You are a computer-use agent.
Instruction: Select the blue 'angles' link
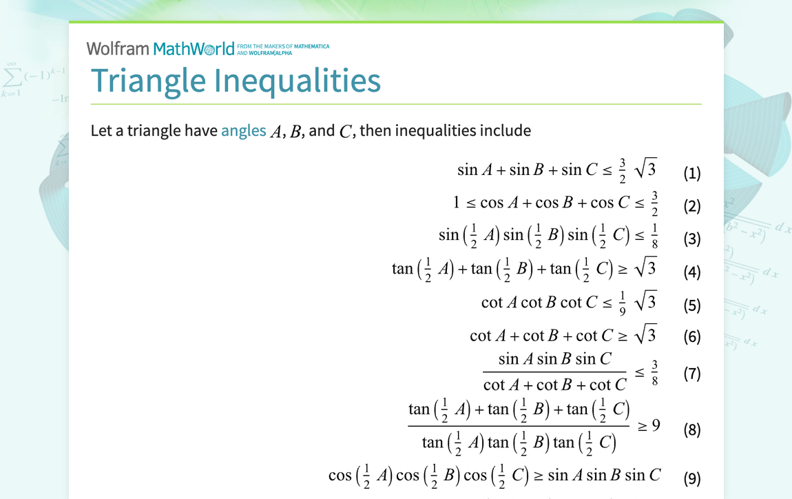pos(243,131)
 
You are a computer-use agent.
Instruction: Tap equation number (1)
pos(691,173)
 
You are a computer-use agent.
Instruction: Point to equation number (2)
pos(691,205)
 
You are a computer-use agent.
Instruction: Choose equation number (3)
pos(691,238)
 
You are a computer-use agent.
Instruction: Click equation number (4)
pos(691,272)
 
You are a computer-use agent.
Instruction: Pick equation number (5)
pos(691,305)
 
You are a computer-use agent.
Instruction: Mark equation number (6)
pos(691,336)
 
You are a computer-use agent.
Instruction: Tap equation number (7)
pos(691,374)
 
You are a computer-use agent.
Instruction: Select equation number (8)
pos(691,429)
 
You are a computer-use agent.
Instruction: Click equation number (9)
pos(691,478)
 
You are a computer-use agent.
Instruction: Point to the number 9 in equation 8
pos(656,425)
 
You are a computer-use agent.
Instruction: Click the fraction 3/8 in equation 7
pos(654,373)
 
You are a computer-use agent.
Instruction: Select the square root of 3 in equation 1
pos(645,169)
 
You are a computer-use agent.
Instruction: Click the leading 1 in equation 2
pos(456,203)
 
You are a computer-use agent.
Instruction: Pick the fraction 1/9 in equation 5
pos(622,303)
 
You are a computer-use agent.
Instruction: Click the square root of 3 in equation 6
pos(645,335)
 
